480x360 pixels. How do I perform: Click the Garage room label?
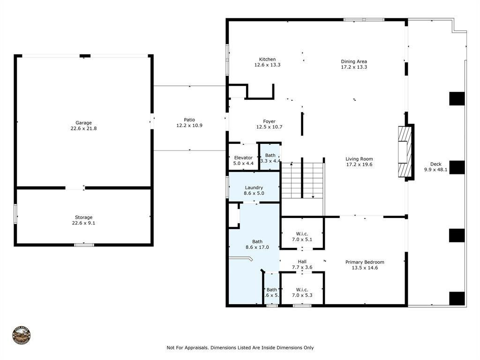coord(83,123)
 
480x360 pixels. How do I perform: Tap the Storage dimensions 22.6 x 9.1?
coord(83,223)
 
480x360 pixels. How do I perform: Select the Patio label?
coord(189,120)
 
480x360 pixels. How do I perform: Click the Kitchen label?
coord(267,60)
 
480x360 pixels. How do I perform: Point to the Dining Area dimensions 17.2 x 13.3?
coord(354,67)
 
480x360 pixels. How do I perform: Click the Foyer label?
coord(269,121)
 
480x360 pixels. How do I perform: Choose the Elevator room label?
coord(243,157)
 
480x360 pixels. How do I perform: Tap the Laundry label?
coord(254,187)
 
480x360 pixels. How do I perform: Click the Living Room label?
coord(359,159)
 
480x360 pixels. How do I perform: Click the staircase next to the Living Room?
coord(302,180)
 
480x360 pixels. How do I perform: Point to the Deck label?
coord(436,164)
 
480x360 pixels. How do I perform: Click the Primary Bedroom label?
coord(365,262)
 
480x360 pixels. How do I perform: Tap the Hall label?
coord(302,262)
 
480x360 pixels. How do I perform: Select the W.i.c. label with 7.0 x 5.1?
coord(301,233)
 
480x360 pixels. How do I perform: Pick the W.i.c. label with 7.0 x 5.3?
coord(301,289)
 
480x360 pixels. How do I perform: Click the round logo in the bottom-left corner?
coord(22,336)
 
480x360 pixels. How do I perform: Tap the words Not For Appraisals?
coord(187,348)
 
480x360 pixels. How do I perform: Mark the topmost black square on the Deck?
coord(457,98)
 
